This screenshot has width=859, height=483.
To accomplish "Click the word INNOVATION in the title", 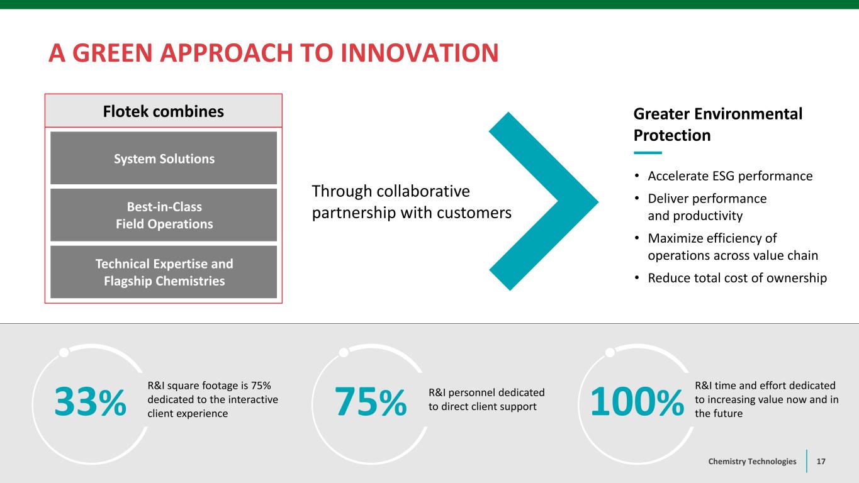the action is (x=420, y=53).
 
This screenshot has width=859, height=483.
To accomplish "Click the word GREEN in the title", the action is (x=113, y=53).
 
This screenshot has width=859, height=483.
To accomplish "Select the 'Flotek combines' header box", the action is (x=164, y=111).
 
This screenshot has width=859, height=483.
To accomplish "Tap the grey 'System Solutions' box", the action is (x=164, y=158).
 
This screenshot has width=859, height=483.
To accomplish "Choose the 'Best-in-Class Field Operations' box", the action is (x=164, y=215).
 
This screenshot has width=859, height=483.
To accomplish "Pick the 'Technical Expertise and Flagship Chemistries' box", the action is (x=164, y=272).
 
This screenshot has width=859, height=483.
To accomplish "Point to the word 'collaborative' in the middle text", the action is (x=424, y=191).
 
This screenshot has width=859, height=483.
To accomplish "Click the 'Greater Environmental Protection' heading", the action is (x=718, y=124).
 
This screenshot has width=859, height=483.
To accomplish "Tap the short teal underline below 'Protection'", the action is (x=648, y=153).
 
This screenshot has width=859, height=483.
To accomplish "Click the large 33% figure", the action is (x=90, y=402).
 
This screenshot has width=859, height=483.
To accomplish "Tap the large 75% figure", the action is (x=371, y=402).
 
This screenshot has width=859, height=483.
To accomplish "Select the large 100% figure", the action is (x=637, y=402).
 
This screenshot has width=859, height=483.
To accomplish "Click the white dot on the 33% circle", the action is (x=64, y=352).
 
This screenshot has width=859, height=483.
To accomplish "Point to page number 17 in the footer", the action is (x=821, y=462).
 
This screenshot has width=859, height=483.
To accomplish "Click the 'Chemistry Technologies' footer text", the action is (x=752, y=462).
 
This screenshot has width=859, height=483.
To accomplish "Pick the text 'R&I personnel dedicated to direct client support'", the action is (x=486, y=399).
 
